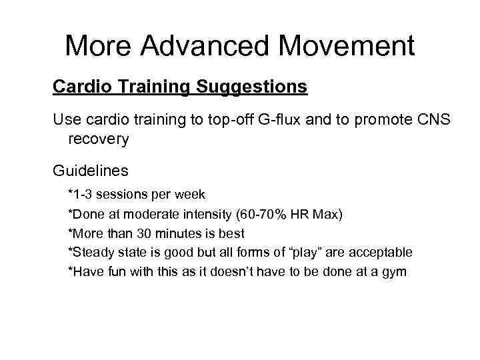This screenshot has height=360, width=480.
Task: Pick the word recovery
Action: (x=98, y=139)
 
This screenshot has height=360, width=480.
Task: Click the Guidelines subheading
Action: (x=90, y=171)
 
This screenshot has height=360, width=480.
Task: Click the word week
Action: (x=190, y=195)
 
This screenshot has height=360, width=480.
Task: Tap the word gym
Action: (x=393, y=273)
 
